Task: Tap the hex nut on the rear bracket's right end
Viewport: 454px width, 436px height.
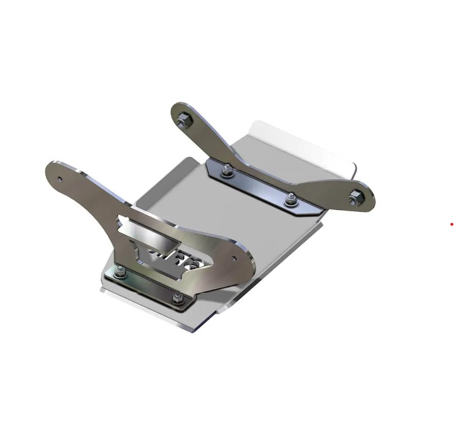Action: tap(355, 197)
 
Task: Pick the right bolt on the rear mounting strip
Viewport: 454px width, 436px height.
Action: tap(291, 199)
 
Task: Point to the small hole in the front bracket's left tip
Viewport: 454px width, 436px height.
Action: tap(60, 179)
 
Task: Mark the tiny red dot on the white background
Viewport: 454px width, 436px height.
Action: tap(452, 224)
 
